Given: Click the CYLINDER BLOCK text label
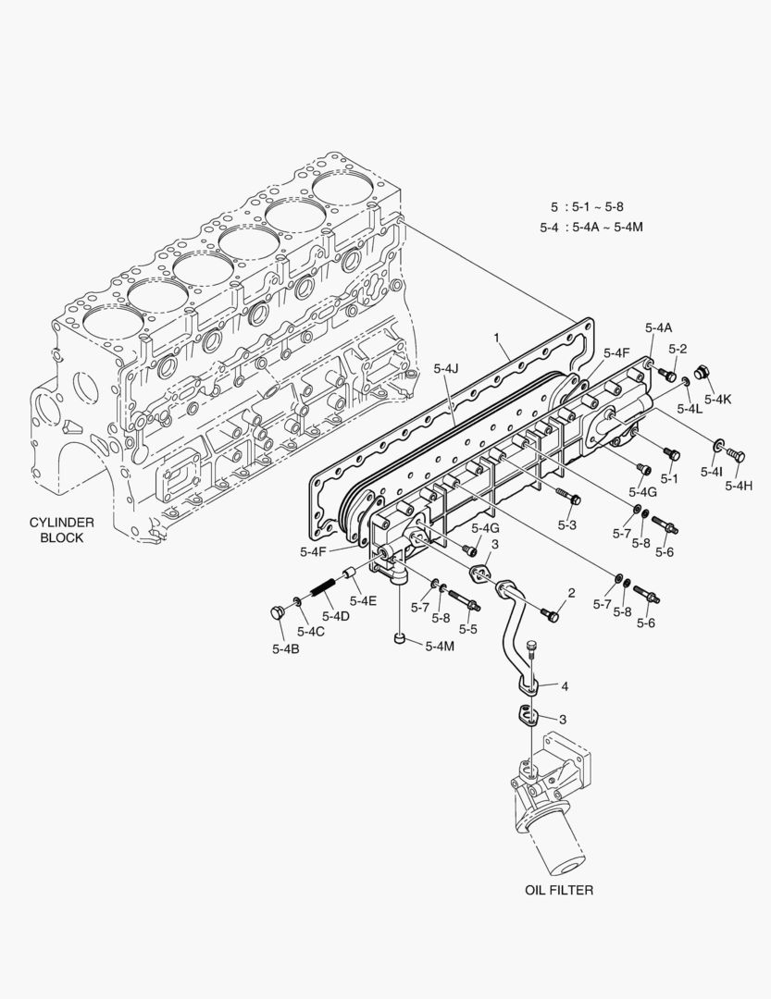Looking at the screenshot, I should pyautogui.click(x=61, y=530).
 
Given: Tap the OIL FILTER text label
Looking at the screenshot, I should pyautogui.click(x=558, y=890).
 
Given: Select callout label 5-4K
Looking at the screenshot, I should pyautogui.click(x=716, y=400).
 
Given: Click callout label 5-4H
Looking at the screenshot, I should pyautogui.click(x=739, y=486).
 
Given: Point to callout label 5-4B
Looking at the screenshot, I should pyautogui.click(x=285, y=648).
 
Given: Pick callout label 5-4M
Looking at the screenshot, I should pyautogui.click(x=440, y=646).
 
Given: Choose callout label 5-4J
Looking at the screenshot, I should pyautogui.click(x=446, y=369).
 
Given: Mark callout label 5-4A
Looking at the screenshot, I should pyautogui.click(x=659, y=328).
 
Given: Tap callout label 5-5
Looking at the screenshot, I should pyautogui.click(x=467, y=629).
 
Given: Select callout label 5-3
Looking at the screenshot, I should pyautogui.click(x=567, y=524).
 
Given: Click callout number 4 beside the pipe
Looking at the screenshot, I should pyautogui.click(x=564, y=685).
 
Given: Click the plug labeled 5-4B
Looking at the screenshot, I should pyautogui.click(x=275, y=612).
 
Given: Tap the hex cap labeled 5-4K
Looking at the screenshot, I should pyautogui.click(x=702, y=373).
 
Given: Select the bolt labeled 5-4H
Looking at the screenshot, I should pyautogui.click(x=737, y=455).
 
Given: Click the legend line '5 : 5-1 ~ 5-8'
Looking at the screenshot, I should pyautogui.click(x=587, y=206).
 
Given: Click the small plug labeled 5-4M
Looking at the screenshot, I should pyautogui.click(x=398, y=637).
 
